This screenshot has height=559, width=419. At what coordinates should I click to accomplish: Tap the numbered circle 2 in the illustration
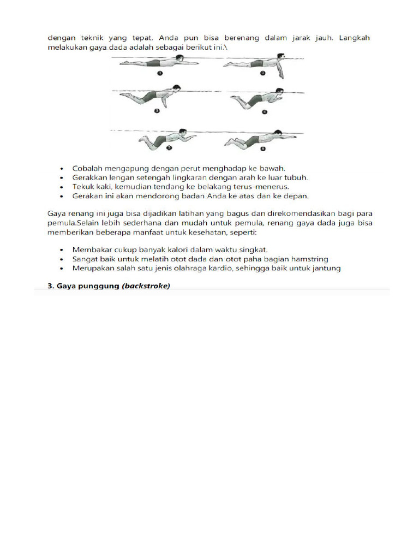pyautogui.click(x=262, y=73)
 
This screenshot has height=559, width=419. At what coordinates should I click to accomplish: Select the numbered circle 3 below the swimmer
pyautogui.click(x=157, y=110)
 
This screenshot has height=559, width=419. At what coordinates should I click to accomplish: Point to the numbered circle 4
pyautogui.click(x=264, y=112)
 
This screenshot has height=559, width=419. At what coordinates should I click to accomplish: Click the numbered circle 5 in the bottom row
pyautogui.click(x=169, y=147)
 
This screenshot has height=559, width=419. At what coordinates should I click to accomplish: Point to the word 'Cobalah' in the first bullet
pyautogui.click(x=87, y=168)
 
